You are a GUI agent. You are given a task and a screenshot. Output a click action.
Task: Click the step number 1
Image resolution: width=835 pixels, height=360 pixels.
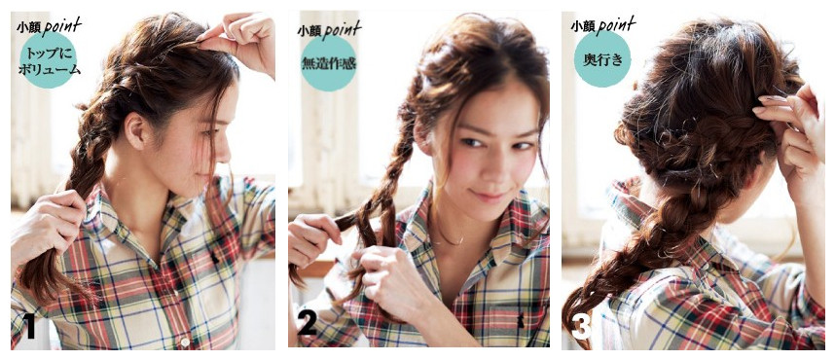point(29,327)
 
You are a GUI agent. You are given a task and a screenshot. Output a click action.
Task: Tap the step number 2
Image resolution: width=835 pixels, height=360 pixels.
point(308,322)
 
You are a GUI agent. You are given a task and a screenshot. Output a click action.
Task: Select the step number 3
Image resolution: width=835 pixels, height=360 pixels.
point(582,327)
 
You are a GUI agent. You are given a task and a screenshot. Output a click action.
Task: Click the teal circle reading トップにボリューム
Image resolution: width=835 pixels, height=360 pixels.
point(49,60)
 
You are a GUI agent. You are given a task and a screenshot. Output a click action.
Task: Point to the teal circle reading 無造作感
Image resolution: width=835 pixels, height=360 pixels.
point(329,63)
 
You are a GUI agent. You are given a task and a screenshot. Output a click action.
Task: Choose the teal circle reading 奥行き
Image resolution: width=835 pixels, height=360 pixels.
point(602,59)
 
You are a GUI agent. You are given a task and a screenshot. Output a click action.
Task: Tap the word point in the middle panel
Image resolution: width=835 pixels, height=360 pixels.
point(342,30)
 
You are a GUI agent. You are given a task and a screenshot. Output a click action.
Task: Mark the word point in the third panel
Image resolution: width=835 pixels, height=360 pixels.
point(616,25)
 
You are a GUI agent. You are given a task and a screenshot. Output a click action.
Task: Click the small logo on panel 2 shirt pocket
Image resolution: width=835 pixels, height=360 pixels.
point(520,320)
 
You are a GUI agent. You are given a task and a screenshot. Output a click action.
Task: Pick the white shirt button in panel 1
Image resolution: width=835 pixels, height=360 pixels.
point(185,341)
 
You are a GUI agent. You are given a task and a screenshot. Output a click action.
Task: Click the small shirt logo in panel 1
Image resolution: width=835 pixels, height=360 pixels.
point(215,259)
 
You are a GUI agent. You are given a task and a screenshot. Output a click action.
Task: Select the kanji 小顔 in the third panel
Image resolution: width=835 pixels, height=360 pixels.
point(582,26)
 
